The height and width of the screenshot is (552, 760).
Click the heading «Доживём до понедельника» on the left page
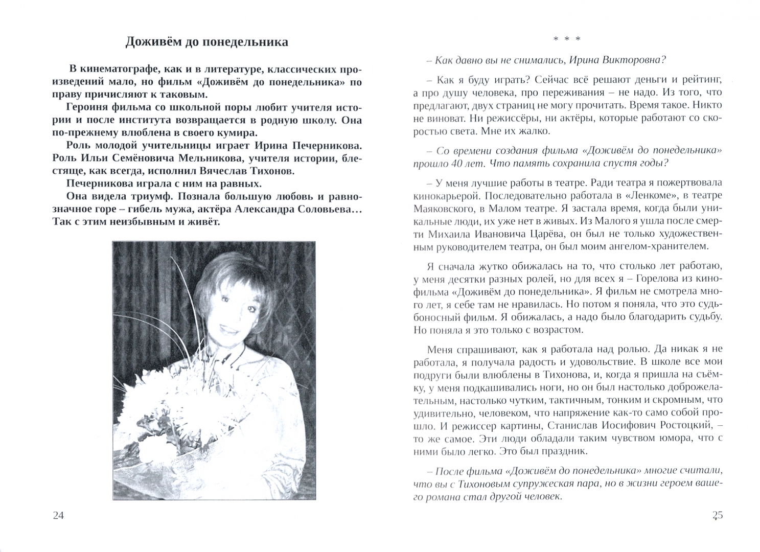click(206, 42)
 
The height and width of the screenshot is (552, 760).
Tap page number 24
click(58, 516)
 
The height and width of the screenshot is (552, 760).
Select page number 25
click(717, 516)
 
